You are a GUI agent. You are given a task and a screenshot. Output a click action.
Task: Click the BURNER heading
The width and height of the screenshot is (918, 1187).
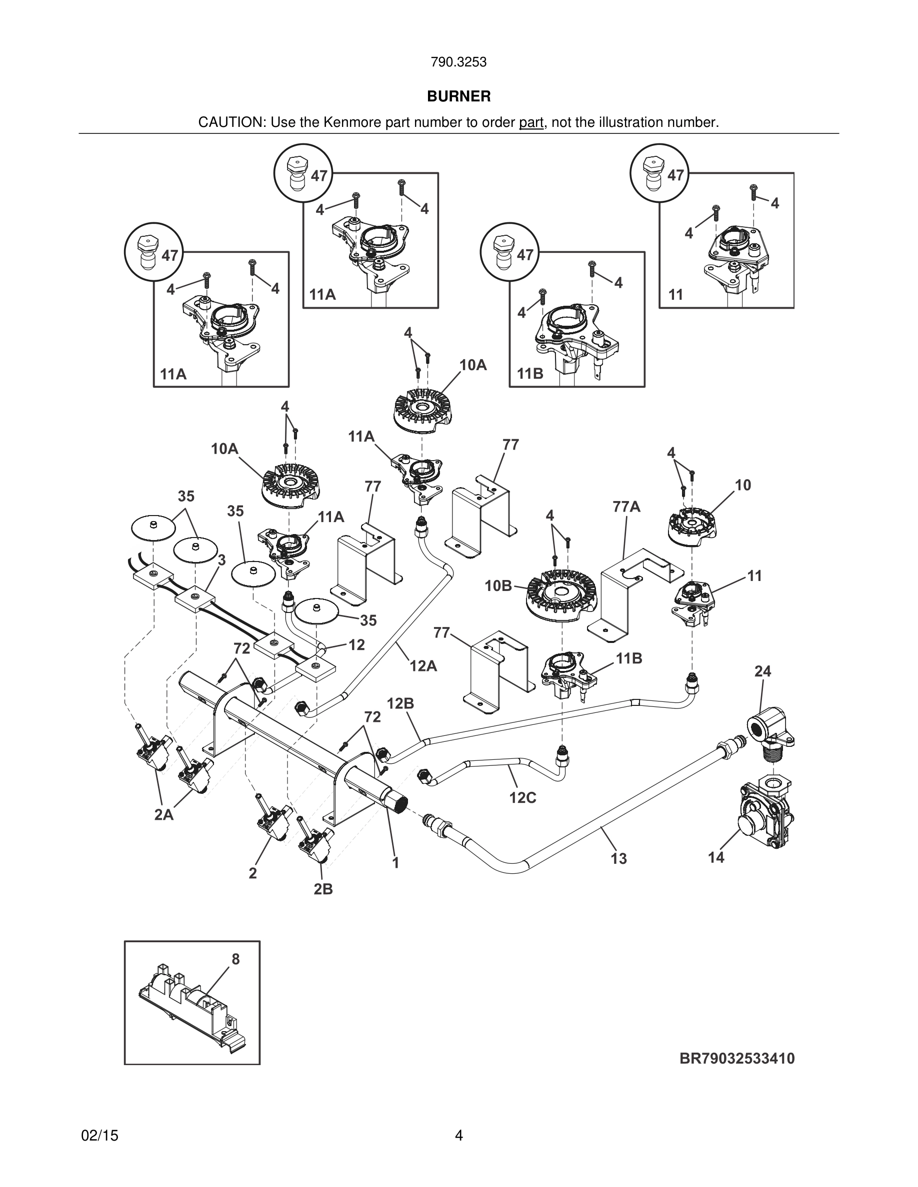coord(458,96)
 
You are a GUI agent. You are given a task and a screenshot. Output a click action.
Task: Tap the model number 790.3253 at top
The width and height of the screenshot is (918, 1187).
coord(458,62)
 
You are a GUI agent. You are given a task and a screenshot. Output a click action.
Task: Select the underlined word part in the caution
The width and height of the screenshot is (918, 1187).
coord(531,123)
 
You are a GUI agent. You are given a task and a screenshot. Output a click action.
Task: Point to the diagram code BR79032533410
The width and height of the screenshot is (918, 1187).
coord(737,1058)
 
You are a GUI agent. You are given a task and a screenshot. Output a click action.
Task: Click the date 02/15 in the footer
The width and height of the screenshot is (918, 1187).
coord(99,1136)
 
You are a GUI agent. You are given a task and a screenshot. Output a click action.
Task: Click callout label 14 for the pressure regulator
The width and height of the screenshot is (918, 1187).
coord(716,858)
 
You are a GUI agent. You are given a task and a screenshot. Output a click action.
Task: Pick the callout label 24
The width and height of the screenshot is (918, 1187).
coord(762,672)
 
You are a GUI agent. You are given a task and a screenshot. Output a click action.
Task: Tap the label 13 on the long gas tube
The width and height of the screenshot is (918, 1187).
coord(619,859)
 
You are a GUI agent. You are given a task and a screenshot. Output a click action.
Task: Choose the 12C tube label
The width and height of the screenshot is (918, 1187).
coord(522,798)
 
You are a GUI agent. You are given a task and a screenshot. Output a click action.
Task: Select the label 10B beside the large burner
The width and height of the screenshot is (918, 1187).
coord(498,586)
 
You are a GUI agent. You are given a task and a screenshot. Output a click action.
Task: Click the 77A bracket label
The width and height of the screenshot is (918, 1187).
coord(626,507)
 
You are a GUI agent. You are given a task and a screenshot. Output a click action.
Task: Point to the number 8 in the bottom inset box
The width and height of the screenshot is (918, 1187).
coord(235,960)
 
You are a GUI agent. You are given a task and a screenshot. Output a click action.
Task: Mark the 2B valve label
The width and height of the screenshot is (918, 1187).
coord(323,889)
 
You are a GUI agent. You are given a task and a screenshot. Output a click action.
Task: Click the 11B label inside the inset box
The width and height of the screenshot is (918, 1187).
coord(530,373)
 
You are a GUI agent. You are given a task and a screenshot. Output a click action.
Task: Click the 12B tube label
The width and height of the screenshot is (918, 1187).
coord(400,704)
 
